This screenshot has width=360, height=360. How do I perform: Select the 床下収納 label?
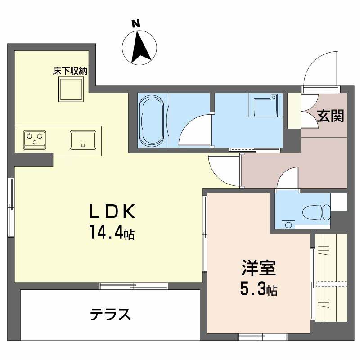point(69,71)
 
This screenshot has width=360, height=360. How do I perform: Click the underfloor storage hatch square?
point(72,89)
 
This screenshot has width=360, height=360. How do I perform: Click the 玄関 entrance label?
point(331,116)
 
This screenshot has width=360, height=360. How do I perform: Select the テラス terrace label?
point(110,314)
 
